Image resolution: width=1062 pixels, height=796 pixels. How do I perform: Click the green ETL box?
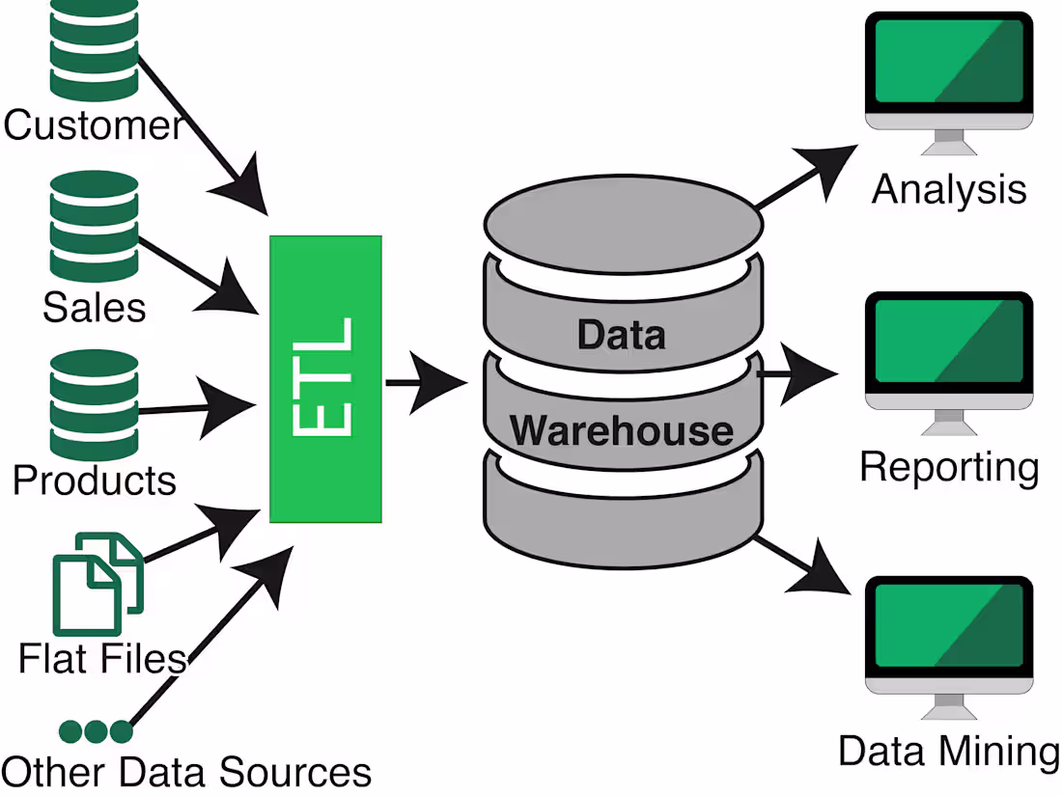[325, 378]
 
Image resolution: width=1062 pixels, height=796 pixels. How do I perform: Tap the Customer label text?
[93, 125]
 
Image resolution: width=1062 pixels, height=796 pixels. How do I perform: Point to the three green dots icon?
[95, 731]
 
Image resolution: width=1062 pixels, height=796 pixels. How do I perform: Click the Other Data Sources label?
[186, 773]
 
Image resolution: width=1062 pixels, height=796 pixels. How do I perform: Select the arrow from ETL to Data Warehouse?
[425, 384]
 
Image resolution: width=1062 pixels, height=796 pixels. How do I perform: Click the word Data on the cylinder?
[621, 335]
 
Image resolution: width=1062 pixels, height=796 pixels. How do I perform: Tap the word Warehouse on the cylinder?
[621, 429]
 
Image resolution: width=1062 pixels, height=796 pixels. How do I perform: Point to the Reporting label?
[948, 468]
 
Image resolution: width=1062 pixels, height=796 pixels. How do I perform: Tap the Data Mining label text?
[948, 752]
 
